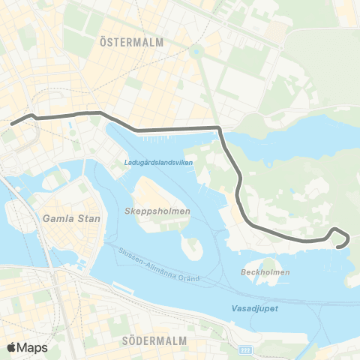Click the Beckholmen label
tap(266, 272)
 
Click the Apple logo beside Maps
tap(12, 347)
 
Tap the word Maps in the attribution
tap(32, 347)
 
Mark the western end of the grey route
tap(10, 121)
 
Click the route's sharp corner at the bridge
tap(218, 129)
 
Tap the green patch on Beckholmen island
tap(263, 262)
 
